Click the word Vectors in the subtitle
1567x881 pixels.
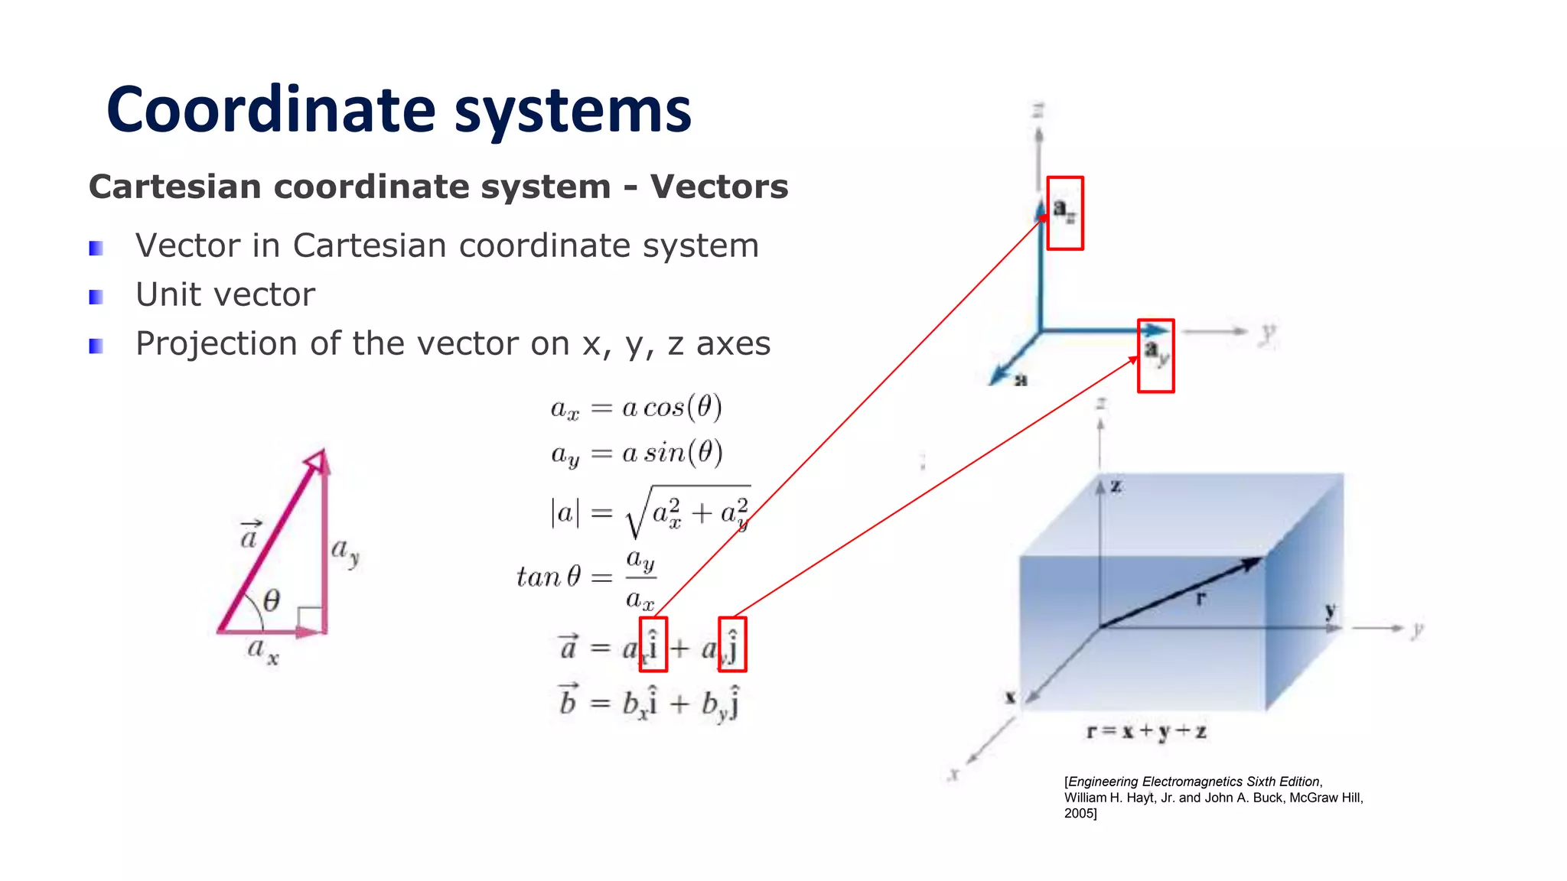pos(718,187)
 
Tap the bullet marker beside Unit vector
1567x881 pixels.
pos(96,297)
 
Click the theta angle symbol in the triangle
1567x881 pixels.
pos(272,601)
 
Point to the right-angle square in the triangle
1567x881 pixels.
pos(310,618)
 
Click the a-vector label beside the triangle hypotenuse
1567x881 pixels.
pos(249,535)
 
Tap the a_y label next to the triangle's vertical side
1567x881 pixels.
pos(344,551)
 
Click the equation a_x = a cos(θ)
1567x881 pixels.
pos(636,408)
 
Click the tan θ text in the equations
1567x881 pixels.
pos(549,577)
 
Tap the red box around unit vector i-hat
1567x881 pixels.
pos(653,644)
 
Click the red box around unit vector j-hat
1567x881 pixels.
pos(732,644)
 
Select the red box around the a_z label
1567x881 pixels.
pos(1065,213)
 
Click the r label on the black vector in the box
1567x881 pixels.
pos(1200,599)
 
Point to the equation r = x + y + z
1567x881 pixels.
pos(1146,732)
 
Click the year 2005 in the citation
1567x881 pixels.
pos(1079,814)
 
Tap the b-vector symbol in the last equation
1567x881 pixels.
pos(568,699)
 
